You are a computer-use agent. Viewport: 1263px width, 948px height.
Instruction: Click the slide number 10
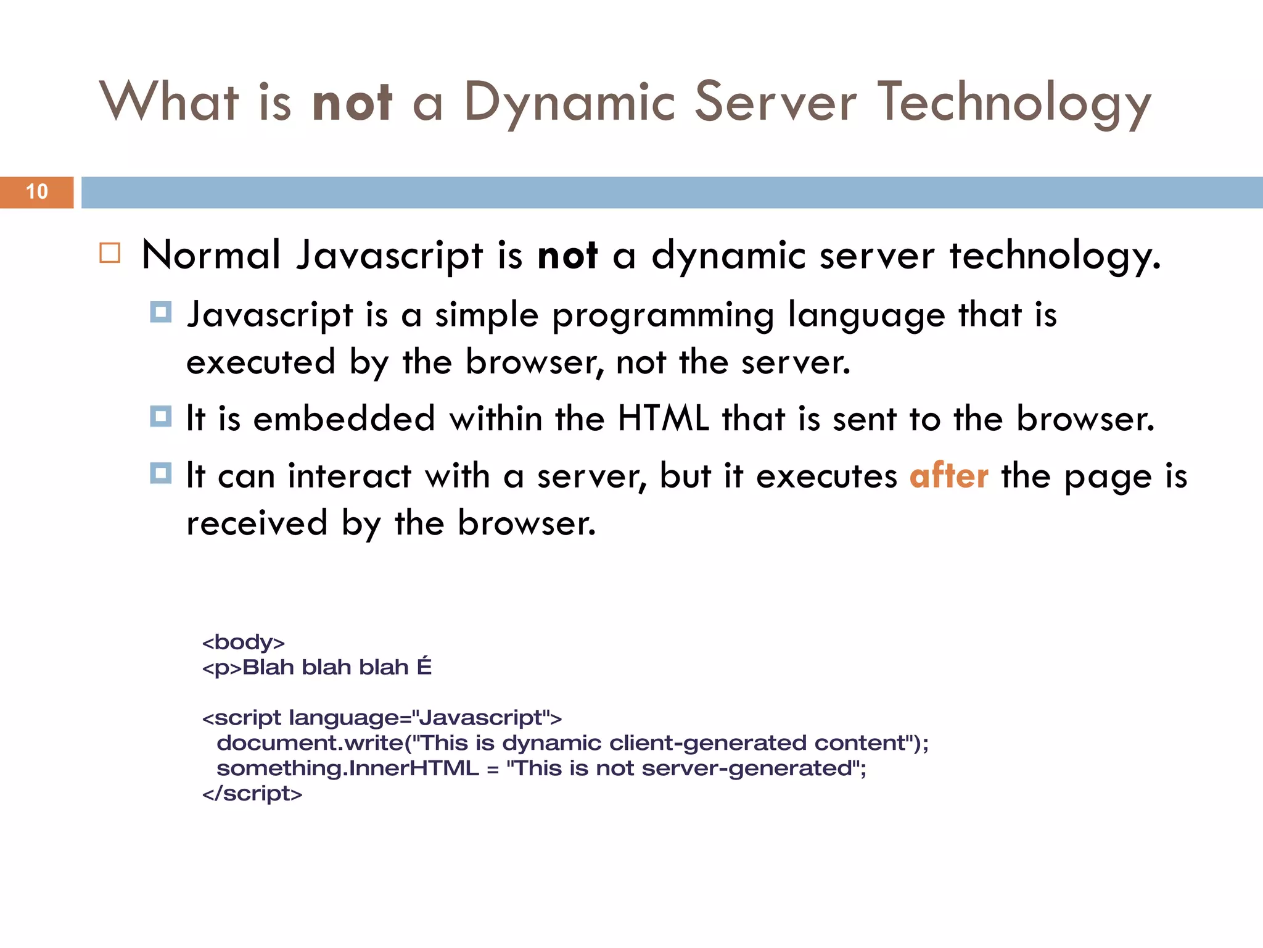(x=37, y=192)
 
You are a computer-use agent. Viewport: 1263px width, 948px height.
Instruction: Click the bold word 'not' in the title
(x=352, y=102)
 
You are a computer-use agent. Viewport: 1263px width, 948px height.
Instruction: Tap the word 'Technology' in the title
(x=1014, y=102)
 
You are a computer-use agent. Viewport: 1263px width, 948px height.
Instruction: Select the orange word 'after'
(x=948, y=476)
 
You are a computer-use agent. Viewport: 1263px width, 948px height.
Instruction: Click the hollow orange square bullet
(x=110, y=253)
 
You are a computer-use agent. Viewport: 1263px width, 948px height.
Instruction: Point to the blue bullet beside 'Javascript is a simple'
(x=161, y=312)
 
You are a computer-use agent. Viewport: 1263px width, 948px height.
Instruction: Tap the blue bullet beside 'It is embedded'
(x=161, y=417)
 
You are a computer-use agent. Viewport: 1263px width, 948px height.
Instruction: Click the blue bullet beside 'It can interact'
(x=161, y=473)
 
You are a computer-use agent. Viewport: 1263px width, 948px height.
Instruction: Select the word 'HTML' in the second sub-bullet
(x=664, y=419)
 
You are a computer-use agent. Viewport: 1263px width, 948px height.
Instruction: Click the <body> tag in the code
(x=244, y=642)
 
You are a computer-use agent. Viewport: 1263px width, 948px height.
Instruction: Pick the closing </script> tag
(x=252, y=793)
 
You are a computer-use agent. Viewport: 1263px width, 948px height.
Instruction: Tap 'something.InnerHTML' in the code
(x=348, y=768)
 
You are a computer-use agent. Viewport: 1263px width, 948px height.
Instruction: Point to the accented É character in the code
(x=424, y=667)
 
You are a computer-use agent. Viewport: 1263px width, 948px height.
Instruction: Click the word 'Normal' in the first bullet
(x=211, y=255)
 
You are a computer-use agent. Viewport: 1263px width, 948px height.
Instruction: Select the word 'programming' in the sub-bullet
(x=663, y=316)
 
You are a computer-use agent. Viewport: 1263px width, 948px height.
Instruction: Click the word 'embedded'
(x=344, y=419)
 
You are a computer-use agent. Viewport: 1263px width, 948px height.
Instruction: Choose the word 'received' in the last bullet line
(x=257, y=523)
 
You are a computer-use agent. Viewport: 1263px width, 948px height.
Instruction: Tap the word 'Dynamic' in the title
(x=570, y=102)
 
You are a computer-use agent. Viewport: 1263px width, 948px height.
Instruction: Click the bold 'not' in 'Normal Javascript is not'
(x=567, y=255)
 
